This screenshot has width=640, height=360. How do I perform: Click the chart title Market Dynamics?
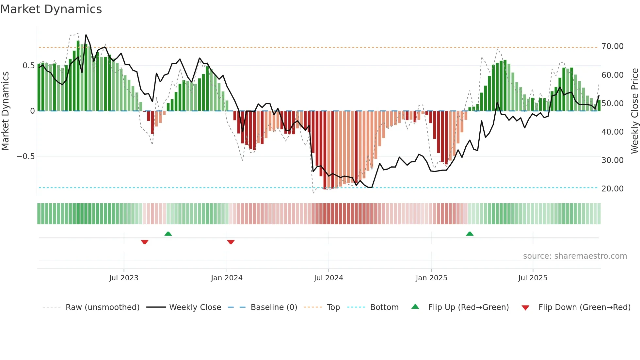[51, 9]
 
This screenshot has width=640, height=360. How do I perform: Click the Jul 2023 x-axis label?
[124, 278]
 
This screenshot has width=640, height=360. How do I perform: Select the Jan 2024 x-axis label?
[227, 278]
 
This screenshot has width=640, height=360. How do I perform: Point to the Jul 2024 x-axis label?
[328, 278]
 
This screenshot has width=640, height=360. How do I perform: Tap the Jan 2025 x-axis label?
[431, 278]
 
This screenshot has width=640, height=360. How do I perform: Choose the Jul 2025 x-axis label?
[533, 278]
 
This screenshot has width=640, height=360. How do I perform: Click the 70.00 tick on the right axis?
[612, 46]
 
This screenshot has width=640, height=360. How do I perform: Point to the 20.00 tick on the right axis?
[612, 189]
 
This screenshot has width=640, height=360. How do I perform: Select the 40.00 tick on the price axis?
[612, 132]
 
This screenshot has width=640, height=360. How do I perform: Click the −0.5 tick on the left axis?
[25, 156]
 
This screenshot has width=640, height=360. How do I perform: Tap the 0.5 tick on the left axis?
[28, 66]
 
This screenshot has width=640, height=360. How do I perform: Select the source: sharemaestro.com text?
[575, 256]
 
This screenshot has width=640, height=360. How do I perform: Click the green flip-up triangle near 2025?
[470, 234]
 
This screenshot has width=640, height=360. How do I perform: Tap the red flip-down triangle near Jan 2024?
[231, 242]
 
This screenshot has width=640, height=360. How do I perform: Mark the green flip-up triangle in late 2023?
[168, 234]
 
